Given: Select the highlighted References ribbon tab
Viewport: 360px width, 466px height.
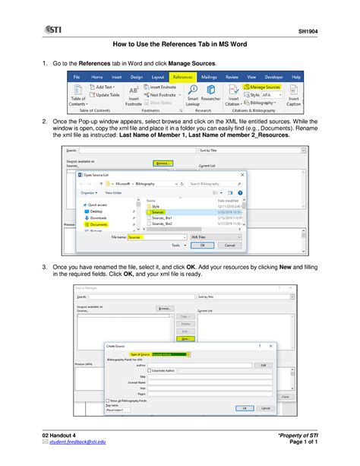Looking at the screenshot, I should click(x=182, y=77).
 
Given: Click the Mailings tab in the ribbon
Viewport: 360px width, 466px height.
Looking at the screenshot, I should click(x=209, y=77).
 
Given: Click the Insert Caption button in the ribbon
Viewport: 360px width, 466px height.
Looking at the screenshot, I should click(x=294, y=98).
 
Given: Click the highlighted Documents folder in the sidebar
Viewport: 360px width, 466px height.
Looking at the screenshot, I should click(x=98, y=225).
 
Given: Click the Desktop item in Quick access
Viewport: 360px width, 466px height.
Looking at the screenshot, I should click(x=96, y=211).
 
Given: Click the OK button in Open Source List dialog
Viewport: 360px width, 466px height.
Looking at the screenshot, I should click(x=201, y=246).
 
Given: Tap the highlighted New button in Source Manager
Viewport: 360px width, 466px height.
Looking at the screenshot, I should click(x=185, y=339).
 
